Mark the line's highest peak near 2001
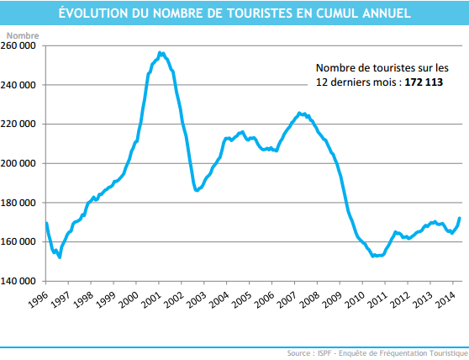click(161, 52)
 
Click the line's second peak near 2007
click(300, 112)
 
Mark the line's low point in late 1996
click(60, 257)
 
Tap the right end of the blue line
click(460, 218)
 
